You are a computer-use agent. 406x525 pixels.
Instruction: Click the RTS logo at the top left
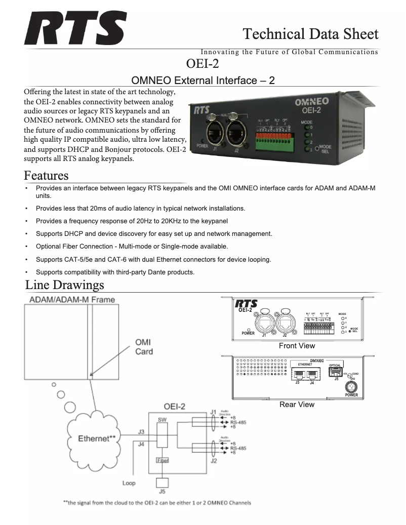[x=75, y=29]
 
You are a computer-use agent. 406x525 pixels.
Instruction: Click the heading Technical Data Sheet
[x=310, y=34]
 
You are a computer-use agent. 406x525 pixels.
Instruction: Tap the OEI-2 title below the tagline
[x=202, y=64]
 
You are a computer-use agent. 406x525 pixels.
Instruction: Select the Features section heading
[x=46, y=176]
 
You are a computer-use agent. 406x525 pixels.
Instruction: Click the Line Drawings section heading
[x=65, y=285]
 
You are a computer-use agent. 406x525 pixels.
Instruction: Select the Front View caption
[x=297, y=346]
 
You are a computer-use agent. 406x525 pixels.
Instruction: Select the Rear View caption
[x=297, y=405]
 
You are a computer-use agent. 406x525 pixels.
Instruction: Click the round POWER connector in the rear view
[x=351, y=387]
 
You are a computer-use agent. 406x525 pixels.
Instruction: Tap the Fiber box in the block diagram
[x=162, y=461]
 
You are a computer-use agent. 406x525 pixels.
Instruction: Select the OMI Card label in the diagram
[x=144, y=347]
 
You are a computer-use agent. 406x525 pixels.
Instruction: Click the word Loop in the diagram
[x=129, y=483]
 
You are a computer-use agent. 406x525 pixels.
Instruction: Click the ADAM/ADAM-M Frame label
[x=72, y=300]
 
